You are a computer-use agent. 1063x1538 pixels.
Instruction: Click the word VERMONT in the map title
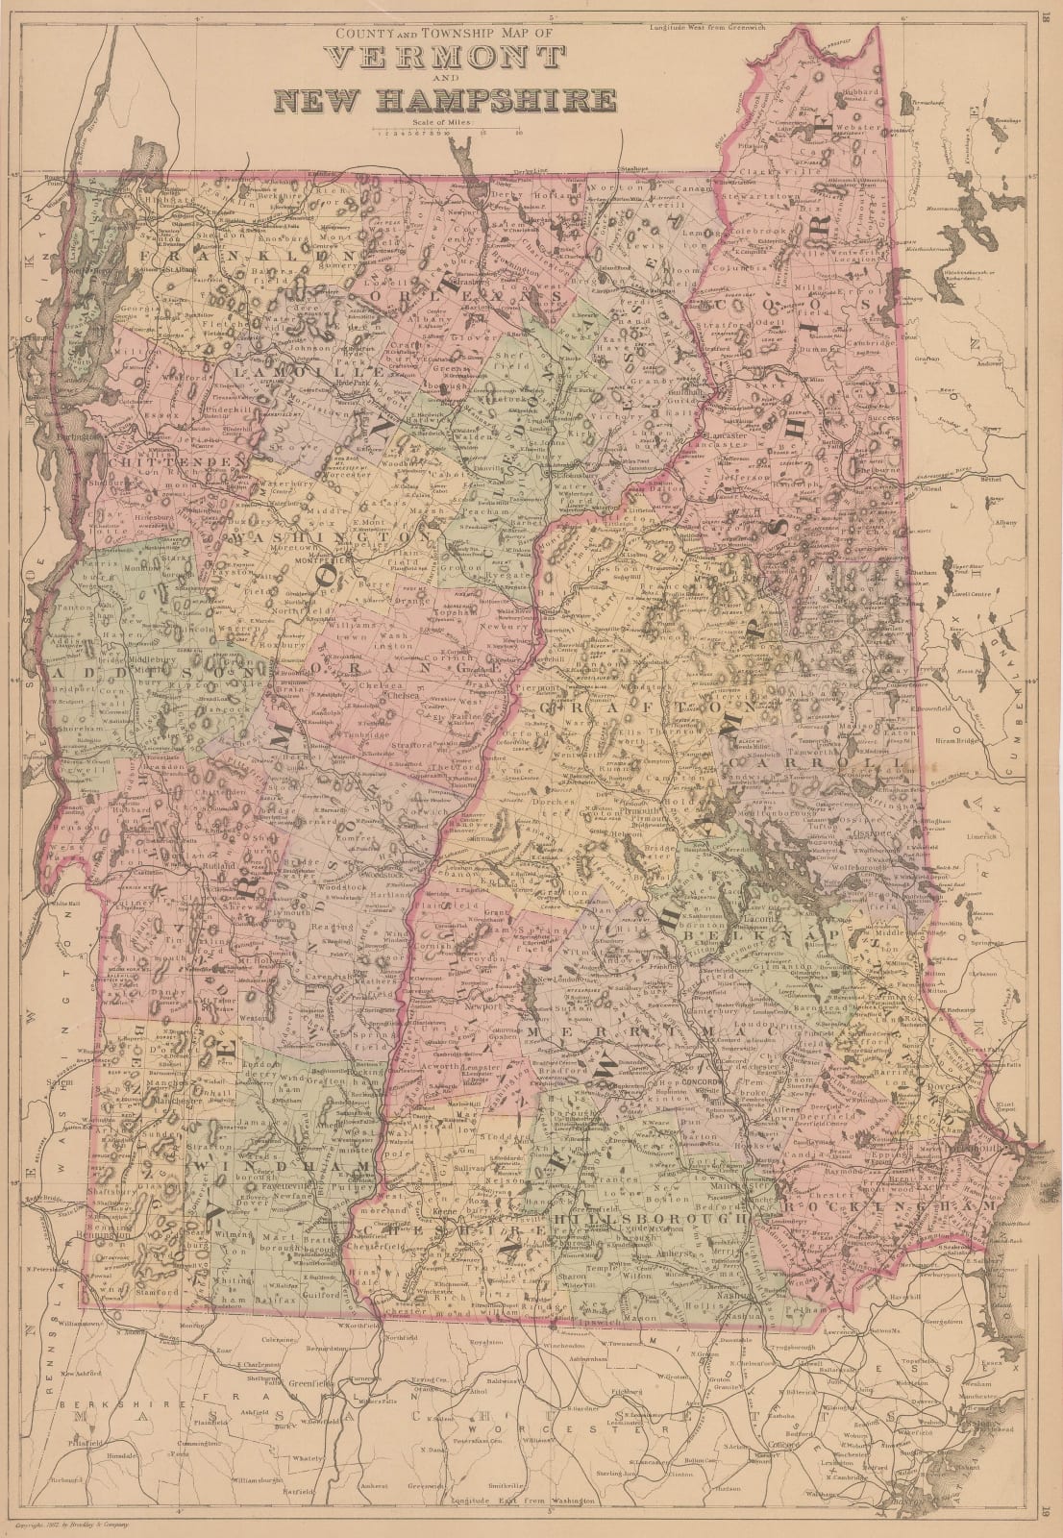446,60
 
